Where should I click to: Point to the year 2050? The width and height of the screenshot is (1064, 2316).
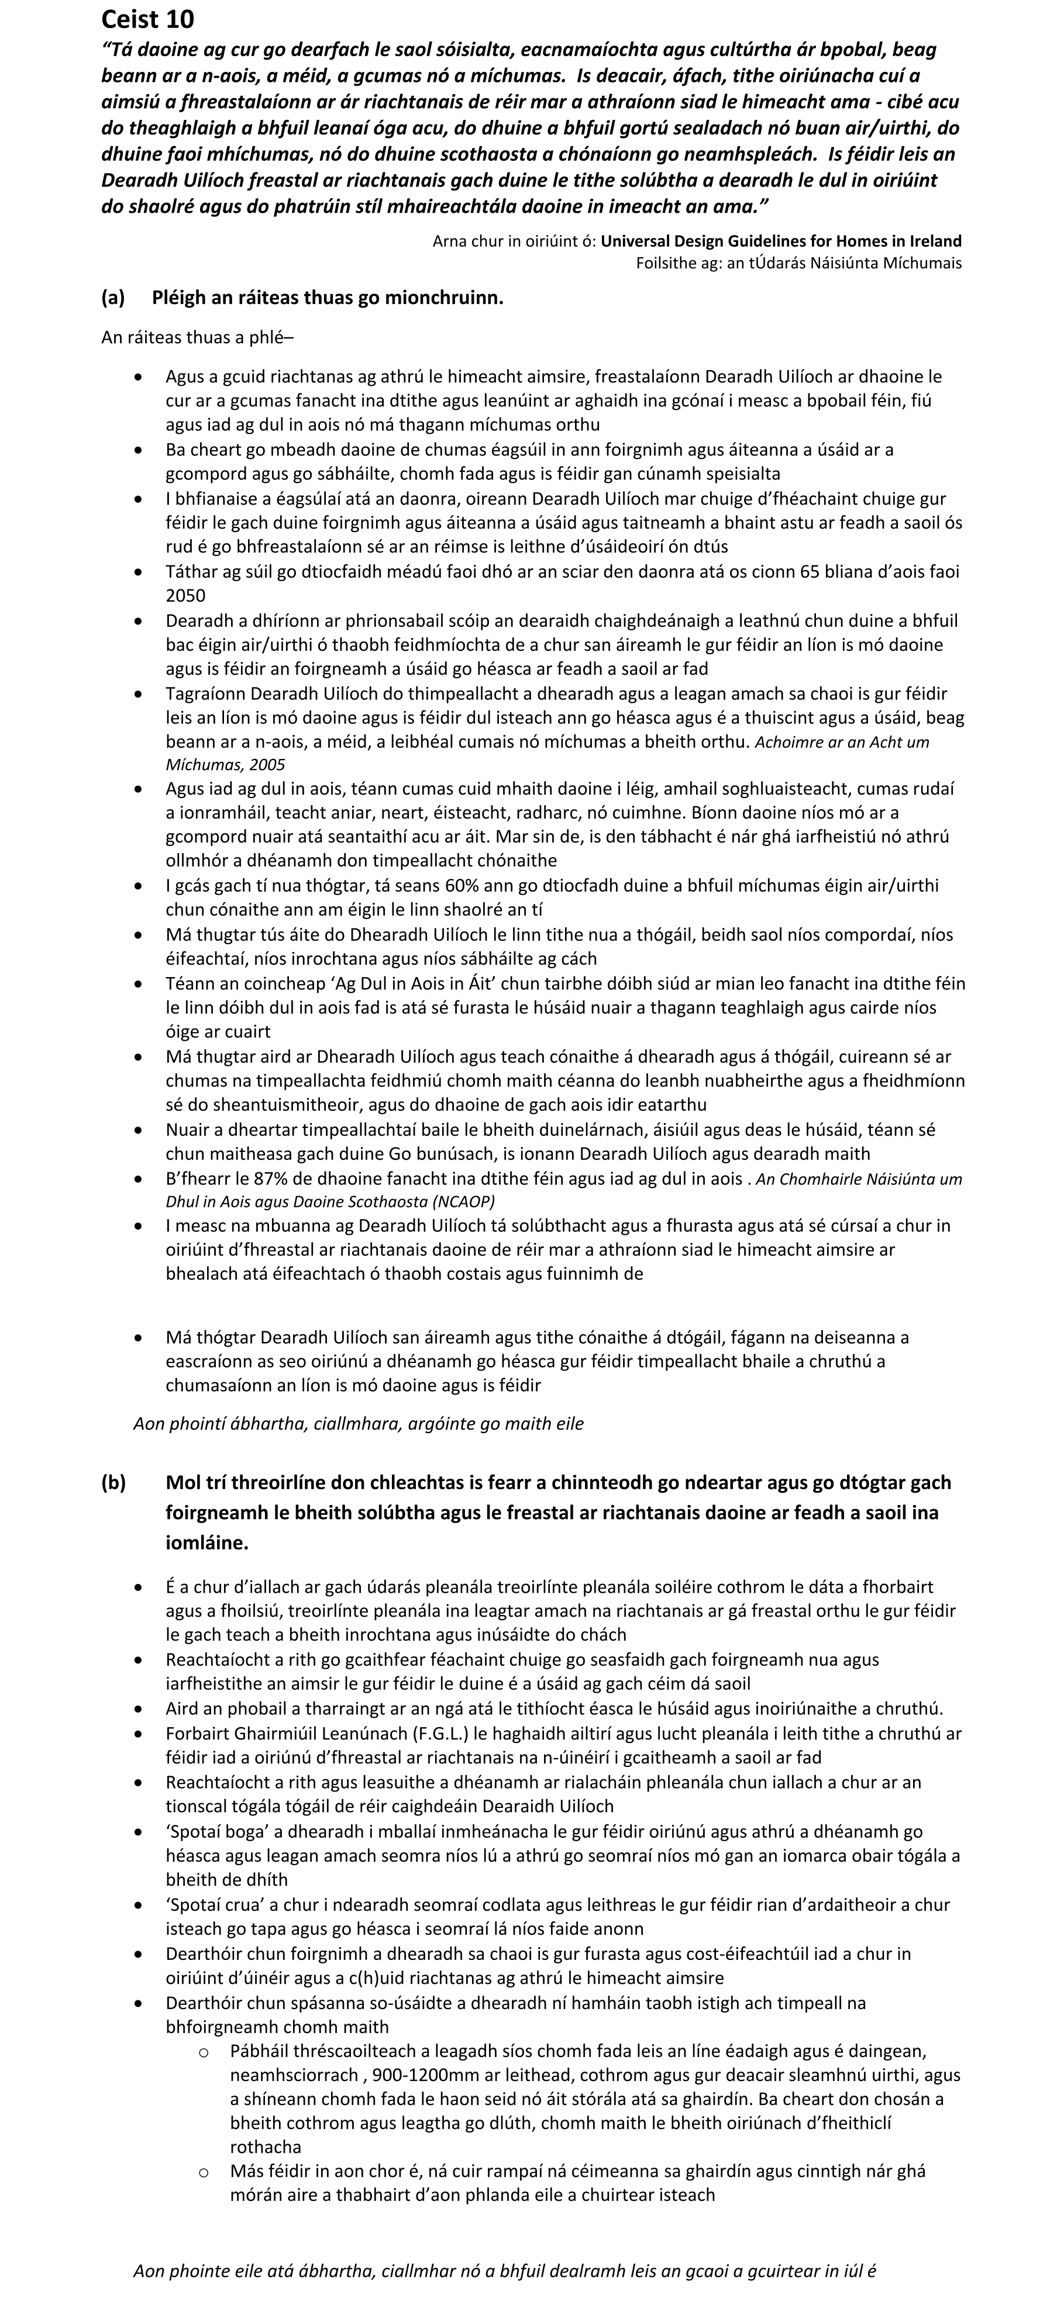click(185, 595)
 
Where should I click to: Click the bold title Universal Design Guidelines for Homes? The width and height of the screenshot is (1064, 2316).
click(781, 241)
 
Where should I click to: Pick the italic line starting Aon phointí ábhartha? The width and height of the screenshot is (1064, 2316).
click(358, 1423)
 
